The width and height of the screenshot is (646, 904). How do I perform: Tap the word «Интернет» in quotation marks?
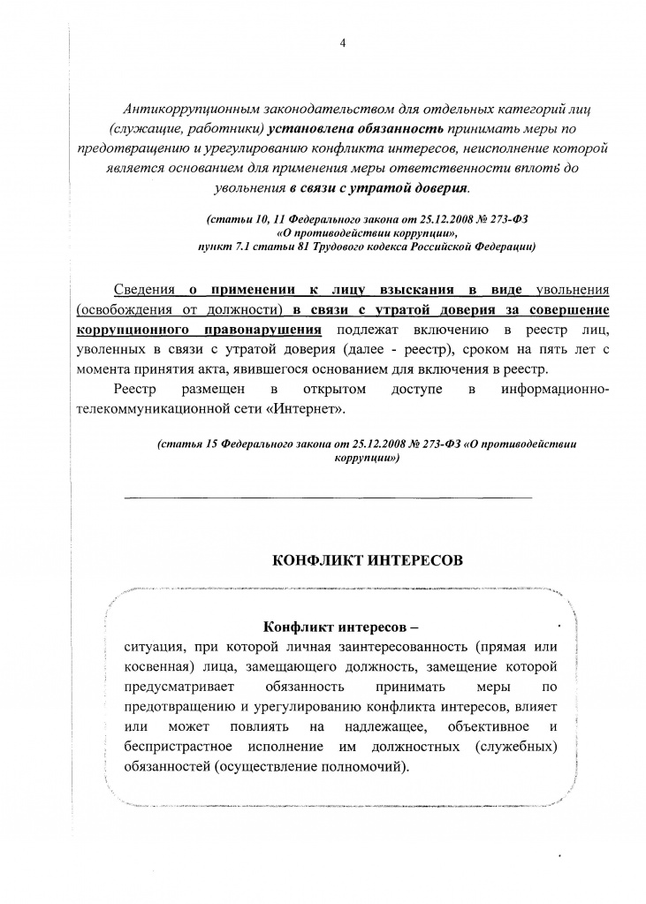coord(297,409)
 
